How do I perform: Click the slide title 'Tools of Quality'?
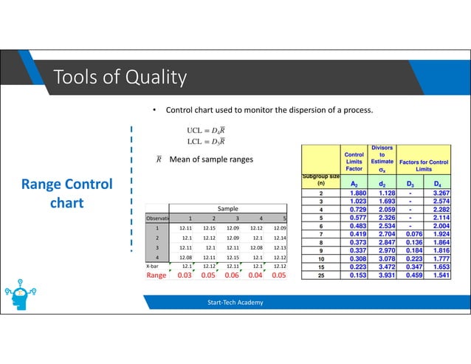[119, 77]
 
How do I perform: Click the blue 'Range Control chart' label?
[66, 193]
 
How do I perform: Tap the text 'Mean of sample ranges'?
[210, 159]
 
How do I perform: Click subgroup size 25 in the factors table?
[322, 275]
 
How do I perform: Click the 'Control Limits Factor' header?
[354, 161]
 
